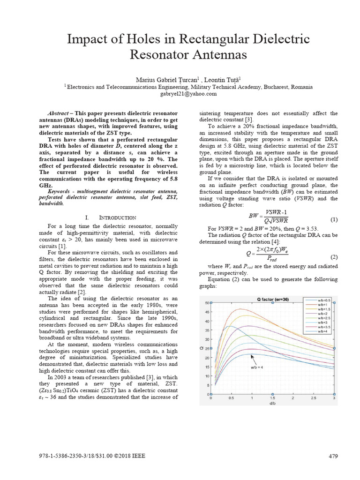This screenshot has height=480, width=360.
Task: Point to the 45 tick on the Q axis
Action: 207,312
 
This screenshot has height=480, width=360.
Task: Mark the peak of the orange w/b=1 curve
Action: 241,309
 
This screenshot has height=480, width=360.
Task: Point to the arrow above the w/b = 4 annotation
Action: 254,359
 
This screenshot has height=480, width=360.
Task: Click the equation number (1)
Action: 334,219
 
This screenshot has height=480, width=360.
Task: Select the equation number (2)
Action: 334,257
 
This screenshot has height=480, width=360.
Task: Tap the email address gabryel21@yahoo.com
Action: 180,93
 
